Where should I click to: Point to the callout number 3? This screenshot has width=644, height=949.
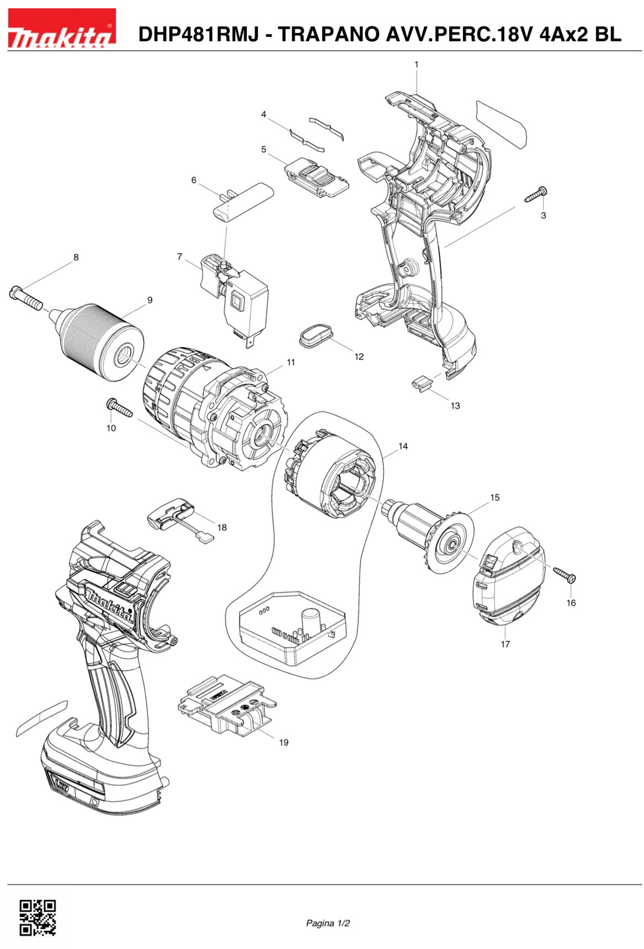coord(543,215)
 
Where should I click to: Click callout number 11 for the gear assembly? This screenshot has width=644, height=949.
coord(291,362)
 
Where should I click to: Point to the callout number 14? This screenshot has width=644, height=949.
coord(403,446)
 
